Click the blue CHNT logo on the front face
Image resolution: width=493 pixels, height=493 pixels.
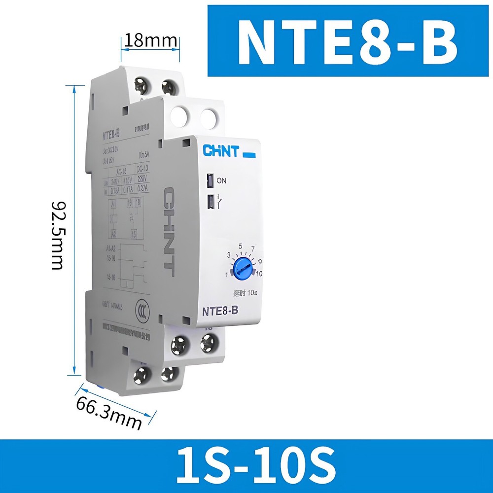point(220,151)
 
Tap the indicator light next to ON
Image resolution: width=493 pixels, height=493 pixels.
point(210,181)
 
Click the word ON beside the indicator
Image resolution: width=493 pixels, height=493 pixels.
point(221,181)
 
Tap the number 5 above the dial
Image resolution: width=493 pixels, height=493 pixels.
point(240,246)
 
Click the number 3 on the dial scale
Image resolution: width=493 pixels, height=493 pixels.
point(229,255)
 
